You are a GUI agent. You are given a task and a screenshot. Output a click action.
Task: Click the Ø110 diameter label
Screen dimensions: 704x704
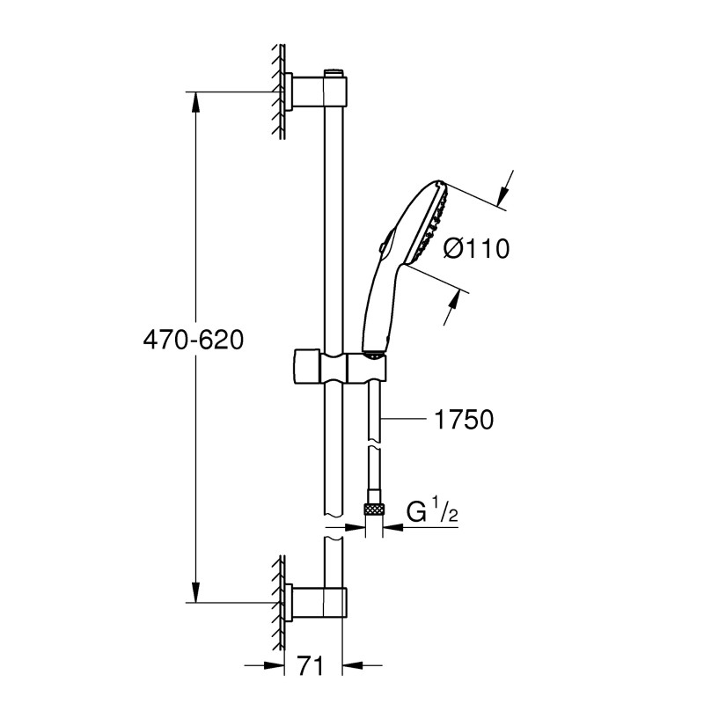tap(476, 250)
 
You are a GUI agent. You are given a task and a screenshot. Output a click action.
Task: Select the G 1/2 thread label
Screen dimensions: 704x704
tap(431, 510)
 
